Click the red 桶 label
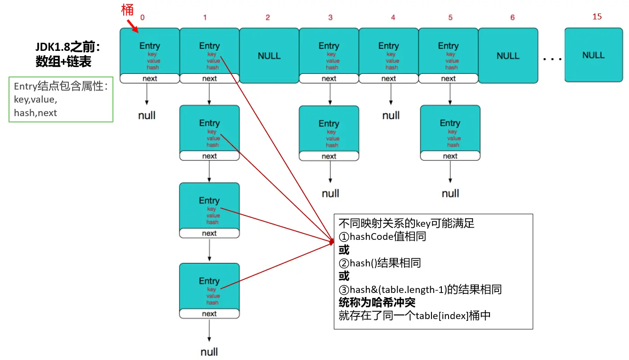tap(128, 10)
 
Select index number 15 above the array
tap(597, 17)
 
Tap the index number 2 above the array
tap(268, 18)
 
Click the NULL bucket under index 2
tap(269, 56)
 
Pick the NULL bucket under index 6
tap(508, 56)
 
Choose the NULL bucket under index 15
tap(593, 55)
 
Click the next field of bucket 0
tap(149, 79)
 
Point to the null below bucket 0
tap(147, 116)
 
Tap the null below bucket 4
tap(391, 116)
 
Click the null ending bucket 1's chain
tap(209, 352)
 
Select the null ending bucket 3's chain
tap(330, 193)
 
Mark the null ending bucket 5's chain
tap(450, 193)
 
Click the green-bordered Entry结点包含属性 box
tap(61, 99)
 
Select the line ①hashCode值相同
tap(382, 237)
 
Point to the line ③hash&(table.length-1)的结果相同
tap(420, 289)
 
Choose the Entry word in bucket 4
tap(389, 46)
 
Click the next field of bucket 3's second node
tap(329, 156)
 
